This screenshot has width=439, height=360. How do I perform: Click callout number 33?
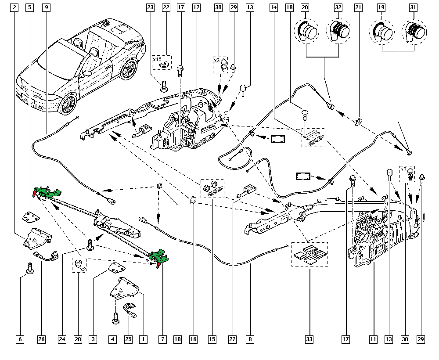tap(309, 339)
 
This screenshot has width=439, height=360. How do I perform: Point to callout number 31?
tap(413, 7)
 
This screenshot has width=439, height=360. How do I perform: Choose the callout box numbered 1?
tap(142, 339)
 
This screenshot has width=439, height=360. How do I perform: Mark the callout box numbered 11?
tap(373, 339)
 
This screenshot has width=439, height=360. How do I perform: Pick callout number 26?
tap(41, 339)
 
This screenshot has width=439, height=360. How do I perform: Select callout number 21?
tap(358, 7)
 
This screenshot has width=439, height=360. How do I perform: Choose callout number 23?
tap(151, 7)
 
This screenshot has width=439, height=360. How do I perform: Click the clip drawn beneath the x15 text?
tap(166, 65)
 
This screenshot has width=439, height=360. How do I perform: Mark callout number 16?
tap(194, 339)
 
